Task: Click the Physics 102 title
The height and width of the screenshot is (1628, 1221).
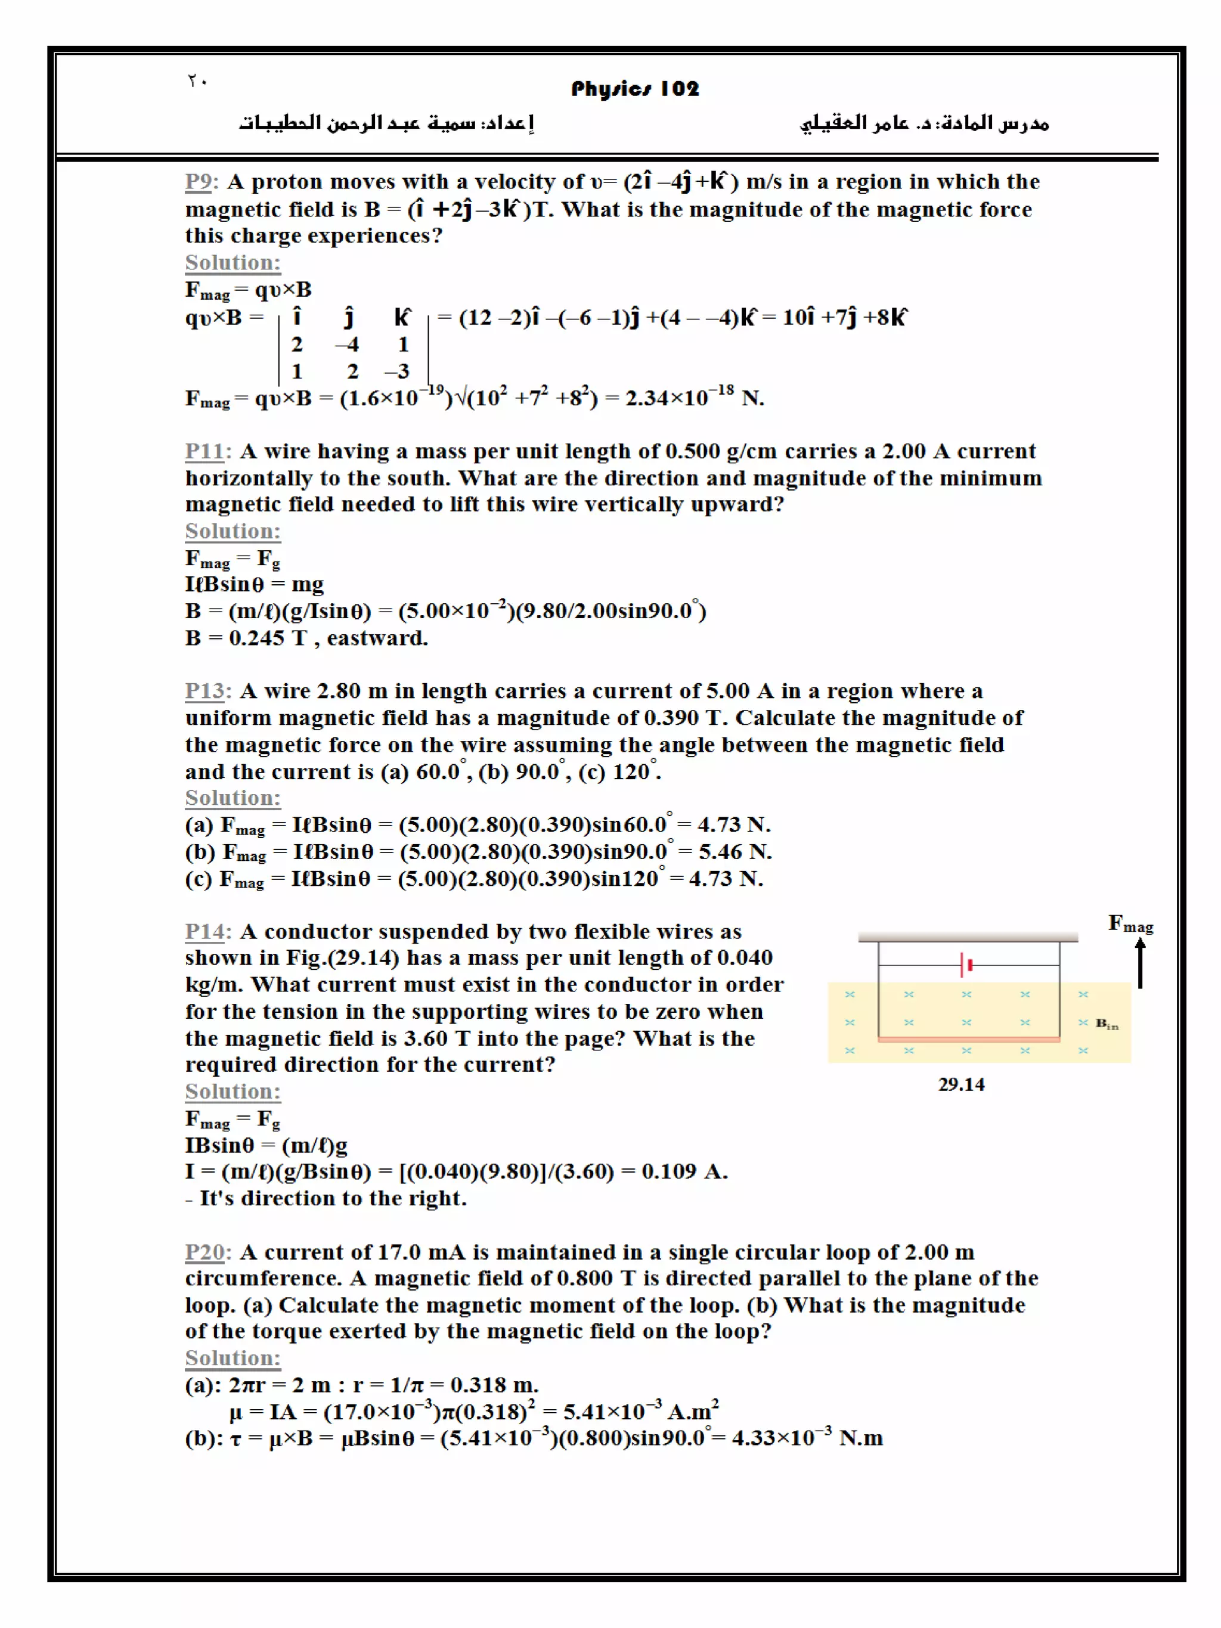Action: click(634, 89)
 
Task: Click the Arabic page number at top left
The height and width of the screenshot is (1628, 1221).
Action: click(197, 81)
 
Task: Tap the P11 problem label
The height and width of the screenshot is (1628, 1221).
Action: click(207, 451)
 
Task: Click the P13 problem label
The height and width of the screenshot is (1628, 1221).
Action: click(207, 690)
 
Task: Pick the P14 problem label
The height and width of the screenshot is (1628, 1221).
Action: click(207, 931)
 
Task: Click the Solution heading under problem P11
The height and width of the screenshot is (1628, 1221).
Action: click(233, 531)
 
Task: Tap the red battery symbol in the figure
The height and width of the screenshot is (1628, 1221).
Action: click(966, 964)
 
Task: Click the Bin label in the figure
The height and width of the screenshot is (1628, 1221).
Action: click(1106, 1023)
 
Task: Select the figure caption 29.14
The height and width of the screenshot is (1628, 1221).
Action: click(960, 1084)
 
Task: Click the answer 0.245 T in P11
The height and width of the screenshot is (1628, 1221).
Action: click(267, 637)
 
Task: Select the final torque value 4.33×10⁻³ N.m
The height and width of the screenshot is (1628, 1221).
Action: click(807, 1437)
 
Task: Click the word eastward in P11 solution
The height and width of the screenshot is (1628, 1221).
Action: click(376, 637)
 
